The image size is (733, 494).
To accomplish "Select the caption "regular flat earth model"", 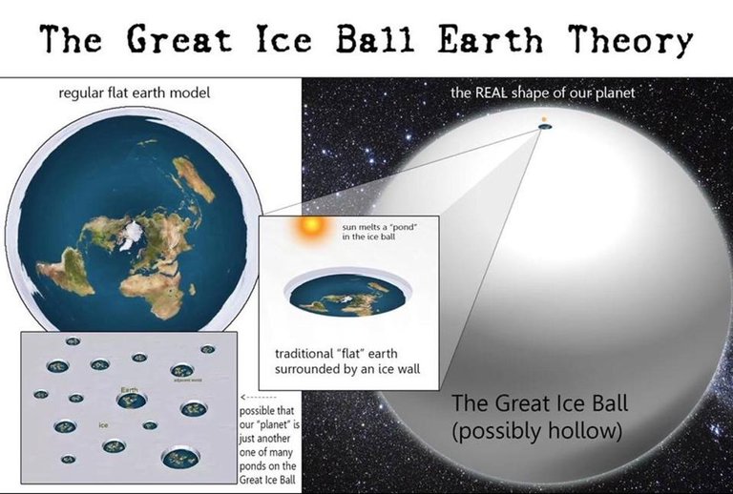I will point(135,93).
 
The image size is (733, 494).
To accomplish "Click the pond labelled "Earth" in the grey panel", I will point(131,401).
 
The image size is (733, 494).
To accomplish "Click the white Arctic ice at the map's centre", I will point(129,234).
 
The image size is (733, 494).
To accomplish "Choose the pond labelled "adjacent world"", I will point(181,371).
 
